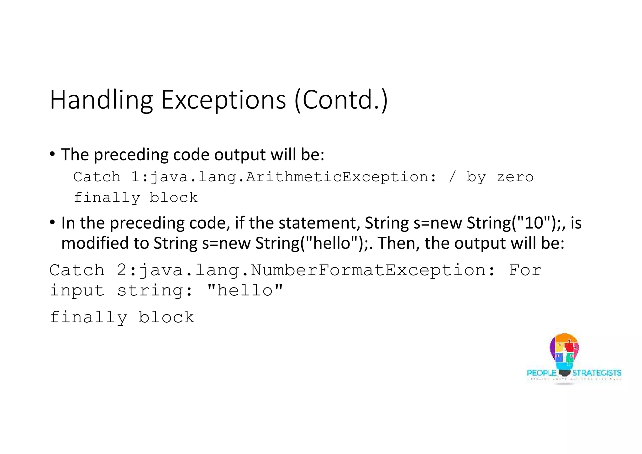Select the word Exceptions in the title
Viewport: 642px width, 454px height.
[223, 100]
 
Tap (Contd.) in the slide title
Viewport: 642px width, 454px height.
[341, 100]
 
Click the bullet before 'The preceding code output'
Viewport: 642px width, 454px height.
[52, 154]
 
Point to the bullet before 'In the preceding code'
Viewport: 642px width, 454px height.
[52, 223]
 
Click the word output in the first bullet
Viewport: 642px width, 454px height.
[240, 155]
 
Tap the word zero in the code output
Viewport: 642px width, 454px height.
[515, 177]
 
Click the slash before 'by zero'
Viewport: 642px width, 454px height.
[452, 177]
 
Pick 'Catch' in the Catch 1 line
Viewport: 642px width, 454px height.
[97, 177]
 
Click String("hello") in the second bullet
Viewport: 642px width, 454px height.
[312, 243]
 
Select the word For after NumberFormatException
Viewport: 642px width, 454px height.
[525, 270]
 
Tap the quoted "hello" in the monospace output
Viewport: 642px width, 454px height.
[245, 290]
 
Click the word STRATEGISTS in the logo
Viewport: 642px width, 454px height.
[597, 373]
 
